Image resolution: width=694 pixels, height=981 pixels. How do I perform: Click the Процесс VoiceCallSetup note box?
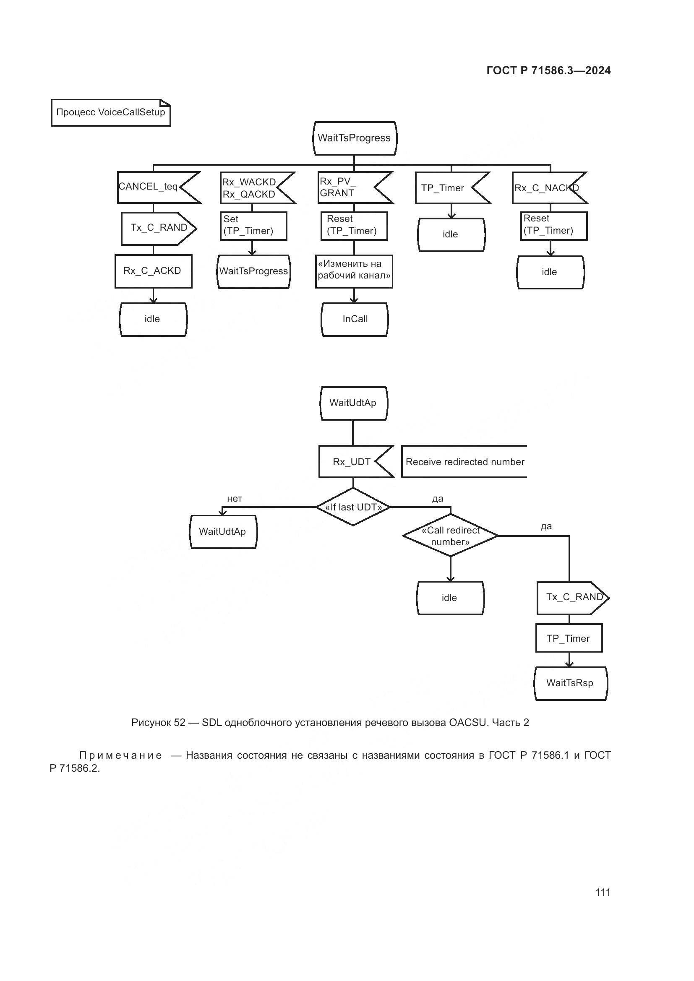(x=111, y=112)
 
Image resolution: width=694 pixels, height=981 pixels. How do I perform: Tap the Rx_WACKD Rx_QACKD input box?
(x=252, y=188)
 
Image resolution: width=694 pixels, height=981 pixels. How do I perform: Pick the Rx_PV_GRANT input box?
(x=348, y=187)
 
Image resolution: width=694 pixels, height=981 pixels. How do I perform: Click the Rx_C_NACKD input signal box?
(x=545, y=188)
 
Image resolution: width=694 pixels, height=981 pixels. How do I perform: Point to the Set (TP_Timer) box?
(x=253, y=226)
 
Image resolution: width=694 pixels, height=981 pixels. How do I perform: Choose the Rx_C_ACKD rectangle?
(x=153, y=271)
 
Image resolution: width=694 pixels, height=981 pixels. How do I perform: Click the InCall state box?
(x=355, y=319)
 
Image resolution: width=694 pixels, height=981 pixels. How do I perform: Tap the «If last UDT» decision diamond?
(x=353, y=507)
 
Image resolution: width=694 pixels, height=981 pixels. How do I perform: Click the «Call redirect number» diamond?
(x=450, y=536)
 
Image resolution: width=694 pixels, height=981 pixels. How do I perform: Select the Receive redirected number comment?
(x=464, y=462)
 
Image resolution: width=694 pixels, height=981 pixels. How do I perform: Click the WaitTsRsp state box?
(x=570, y=683)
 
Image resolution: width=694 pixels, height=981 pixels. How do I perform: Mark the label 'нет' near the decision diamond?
(x=235, y=499)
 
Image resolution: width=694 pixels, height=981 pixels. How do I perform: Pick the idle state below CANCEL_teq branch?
(x=153, y=319)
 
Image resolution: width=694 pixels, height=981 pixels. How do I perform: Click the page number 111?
(x=603, y=892)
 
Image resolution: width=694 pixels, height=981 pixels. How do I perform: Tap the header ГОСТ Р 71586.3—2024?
(x=548, y=71)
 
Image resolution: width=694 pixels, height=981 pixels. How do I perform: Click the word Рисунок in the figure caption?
(x=152, y=723)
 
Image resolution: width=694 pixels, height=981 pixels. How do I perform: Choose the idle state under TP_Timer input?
(x=451, y=234)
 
